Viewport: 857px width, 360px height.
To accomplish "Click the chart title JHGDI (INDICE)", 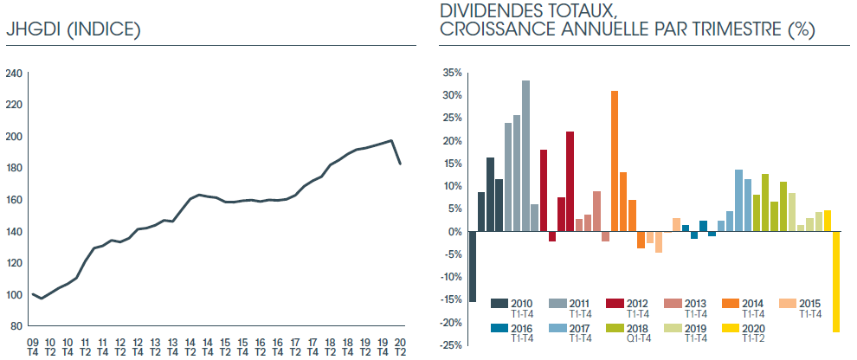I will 73,29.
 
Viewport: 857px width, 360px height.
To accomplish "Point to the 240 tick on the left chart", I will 14,74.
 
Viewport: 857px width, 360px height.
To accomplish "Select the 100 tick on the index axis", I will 14,294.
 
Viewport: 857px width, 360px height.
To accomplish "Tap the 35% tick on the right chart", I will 452,73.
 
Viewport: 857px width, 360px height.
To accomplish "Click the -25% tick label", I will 450,345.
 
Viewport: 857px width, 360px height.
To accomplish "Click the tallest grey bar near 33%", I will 525,156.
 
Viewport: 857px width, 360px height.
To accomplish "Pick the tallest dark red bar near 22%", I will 570,181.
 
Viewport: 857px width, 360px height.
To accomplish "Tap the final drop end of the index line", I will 400,164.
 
